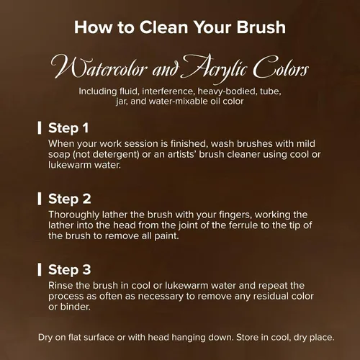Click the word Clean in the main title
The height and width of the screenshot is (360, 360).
tap(163, 27)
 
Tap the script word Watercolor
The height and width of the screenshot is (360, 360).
tap(99, 68)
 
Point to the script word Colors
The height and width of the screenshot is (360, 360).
tap(281, 68)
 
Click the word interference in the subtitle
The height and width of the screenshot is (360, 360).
tap(168, 91)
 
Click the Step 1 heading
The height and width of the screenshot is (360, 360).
tap(68, 127)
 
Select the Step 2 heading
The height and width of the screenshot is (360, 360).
tap(70, 199)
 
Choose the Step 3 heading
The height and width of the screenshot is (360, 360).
tap(70, 269)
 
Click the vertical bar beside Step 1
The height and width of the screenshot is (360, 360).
tap(40, 127)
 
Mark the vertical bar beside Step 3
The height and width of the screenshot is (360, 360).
tap(40, 269)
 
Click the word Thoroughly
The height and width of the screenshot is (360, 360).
tap(74, 215)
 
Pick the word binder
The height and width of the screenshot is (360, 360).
tap(76, 307)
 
